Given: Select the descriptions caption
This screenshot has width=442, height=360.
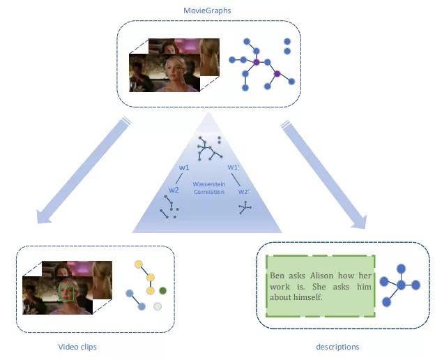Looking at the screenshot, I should coord(340,346).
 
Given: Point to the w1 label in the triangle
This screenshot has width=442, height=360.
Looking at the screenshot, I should coord(184,168).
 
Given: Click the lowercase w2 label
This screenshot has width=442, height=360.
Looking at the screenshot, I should coord(174,190).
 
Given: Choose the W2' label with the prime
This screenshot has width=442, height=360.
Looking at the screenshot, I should coord(243,190).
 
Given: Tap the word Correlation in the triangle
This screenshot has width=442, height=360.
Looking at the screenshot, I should coord(208,191).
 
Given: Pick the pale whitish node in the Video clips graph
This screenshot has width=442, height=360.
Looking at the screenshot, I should coord(158,306).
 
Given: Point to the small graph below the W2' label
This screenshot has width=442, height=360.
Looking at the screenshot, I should coord(244,207).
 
